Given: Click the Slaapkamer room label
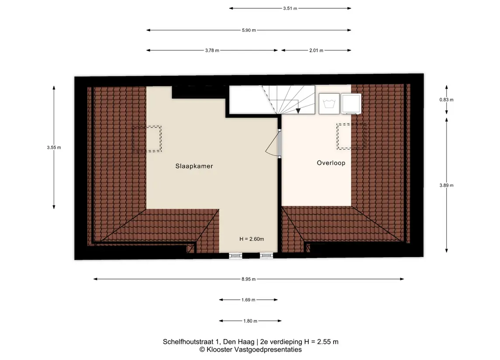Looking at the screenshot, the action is point(194,166).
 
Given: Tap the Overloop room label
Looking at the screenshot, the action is point(331,163).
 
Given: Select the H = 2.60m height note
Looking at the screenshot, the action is point(252,239).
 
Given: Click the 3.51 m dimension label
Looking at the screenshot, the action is point(290,8).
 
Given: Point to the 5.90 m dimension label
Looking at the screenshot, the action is point(249,30).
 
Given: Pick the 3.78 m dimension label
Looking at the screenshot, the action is point(212,50).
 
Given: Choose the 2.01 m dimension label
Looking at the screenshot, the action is point(316,50).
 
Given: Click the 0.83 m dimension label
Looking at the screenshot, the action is point(446,100).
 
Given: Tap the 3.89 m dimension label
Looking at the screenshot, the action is point(446,185).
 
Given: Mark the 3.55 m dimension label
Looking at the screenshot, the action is point(54,147).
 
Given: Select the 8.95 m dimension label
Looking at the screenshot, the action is point(248,279).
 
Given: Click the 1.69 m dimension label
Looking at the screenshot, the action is point(248,300).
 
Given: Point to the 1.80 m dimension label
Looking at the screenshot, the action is point(250,321).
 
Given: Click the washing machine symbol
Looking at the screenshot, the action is point(329,103).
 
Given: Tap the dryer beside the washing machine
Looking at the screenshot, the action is point(351,103).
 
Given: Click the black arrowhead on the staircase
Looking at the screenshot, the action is point(298,111).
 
